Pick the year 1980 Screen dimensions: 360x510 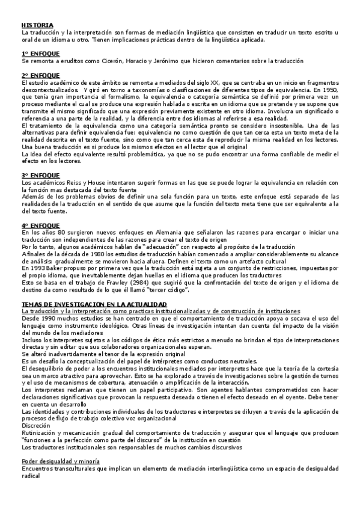pyautogui.click(x=75, y=253)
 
